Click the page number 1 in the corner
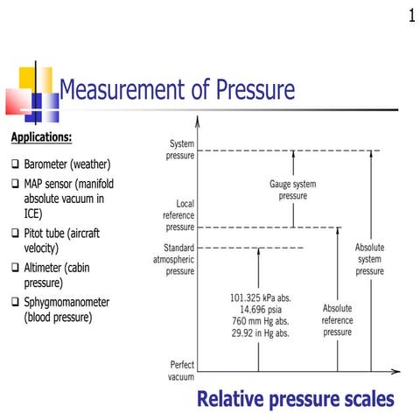[x=410, y=15]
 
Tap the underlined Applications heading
[x=41, y=137]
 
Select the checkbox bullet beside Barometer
[x=16, y=164]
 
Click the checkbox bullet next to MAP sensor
[x=16, y=185]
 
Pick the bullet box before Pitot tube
[x=16, y=234]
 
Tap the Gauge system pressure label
[x=292, y=190]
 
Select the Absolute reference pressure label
[x=337, y=319]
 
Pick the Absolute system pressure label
[x=369, y=260]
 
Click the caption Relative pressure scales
[x=296, y=400]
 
